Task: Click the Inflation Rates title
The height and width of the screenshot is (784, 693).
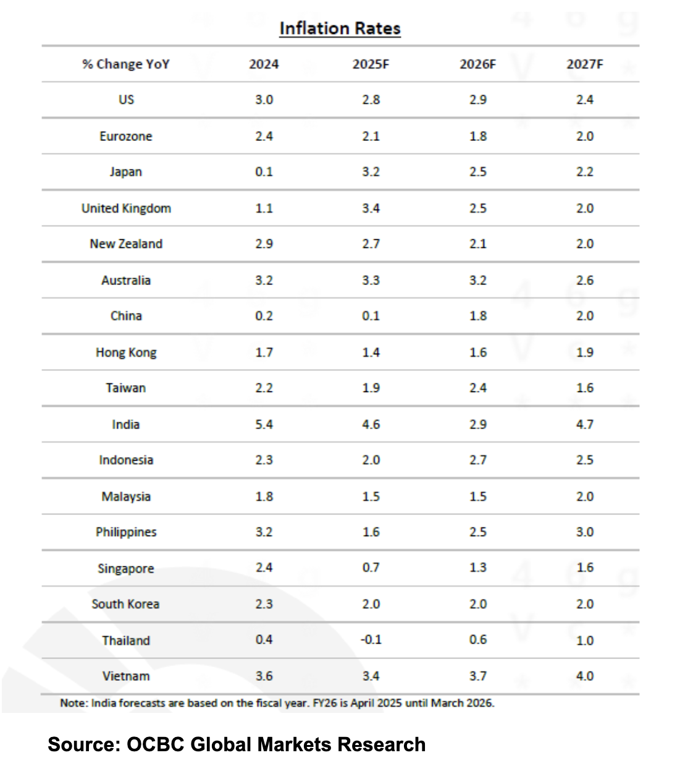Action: (340, 28)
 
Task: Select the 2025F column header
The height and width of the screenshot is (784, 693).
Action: (371, 64)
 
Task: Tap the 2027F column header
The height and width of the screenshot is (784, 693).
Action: (584, 64)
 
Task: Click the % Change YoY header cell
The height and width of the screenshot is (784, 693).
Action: (126, 64)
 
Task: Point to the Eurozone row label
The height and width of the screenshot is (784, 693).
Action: (126, 136)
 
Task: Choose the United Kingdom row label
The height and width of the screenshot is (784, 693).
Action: (126, 208)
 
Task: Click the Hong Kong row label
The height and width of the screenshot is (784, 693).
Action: (126, 352)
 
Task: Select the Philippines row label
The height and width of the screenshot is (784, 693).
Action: (126, 532)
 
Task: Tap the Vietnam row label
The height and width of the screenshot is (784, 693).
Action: (126, 676)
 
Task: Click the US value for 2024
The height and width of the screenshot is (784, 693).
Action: (264, 100)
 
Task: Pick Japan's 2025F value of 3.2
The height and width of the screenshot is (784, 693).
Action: (371, 172)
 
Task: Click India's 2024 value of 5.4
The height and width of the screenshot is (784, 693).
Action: (264, 425)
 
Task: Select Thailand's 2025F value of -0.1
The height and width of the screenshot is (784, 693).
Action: (371, 639)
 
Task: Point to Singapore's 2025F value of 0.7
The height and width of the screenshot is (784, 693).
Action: (371, 568)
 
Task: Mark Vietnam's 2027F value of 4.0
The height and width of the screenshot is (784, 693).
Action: (584, 676)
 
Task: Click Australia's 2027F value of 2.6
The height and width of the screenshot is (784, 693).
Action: (584, 280)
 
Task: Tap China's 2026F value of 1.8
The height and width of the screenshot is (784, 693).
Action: (477, 316)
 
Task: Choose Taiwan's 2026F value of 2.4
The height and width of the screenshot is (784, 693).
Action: (477, 388)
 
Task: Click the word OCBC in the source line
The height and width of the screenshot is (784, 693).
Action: (155, 744)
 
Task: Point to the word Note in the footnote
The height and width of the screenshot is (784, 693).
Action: (73, 703)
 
